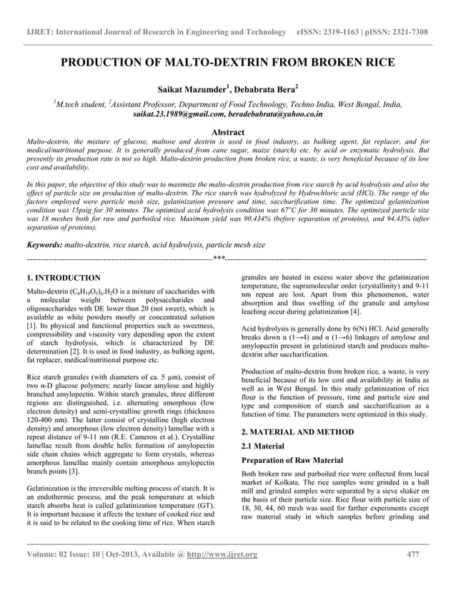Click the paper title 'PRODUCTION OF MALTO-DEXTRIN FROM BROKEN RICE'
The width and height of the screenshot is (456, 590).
click(227, 63)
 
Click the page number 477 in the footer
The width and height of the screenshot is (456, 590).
click(413, 575)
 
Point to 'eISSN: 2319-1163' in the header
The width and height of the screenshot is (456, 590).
click(327, 33)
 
